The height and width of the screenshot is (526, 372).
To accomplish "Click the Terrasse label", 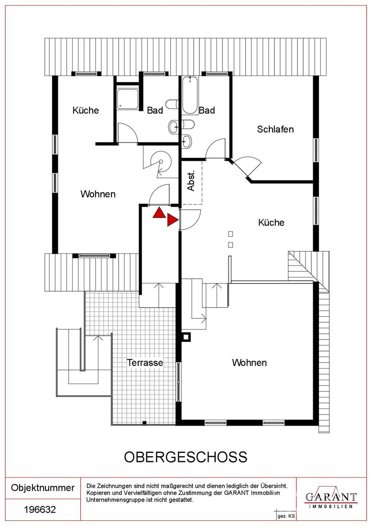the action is (x=145, y=362).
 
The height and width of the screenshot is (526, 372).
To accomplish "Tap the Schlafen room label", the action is (x=275, y=129).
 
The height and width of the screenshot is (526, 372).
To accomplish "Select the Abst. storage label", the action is (x=190, y=181).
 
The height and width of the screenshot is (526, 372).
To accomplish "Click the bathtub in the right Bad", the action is (x=190, y=95).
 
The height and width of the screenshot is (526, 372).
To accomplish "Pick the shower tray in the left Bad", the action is (x=127, y=99).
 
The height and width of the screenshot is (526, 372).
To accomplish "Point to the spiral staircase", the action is (x=160, y=164).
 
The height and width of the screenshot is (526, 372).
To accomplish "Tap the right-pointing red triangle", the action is (x=173, y=220).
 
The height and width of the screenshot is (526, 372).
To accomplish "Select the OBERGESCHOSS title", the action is (x=186, y=457).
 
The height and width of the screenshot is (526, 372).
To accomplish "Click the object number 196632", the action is (x=40, y=510).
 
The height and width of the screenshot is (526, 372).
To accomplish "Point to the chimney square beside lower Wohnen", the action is (x=186, y=337).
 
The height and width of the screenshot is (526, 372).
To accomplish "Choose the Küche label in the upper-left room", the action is (x=86, y=110).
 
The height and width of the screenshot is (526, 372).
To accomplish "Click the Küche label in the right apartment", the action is (x=271, y=222).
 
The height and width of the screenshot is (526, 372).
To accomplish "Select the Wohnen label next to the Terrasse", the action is (x=249, y=362).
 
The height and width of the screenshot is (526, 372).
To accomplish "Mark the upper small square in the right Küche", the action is (x=230, y=234).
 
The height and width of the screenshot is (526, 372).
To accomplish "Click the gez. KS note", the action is (x=286, y=516).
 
